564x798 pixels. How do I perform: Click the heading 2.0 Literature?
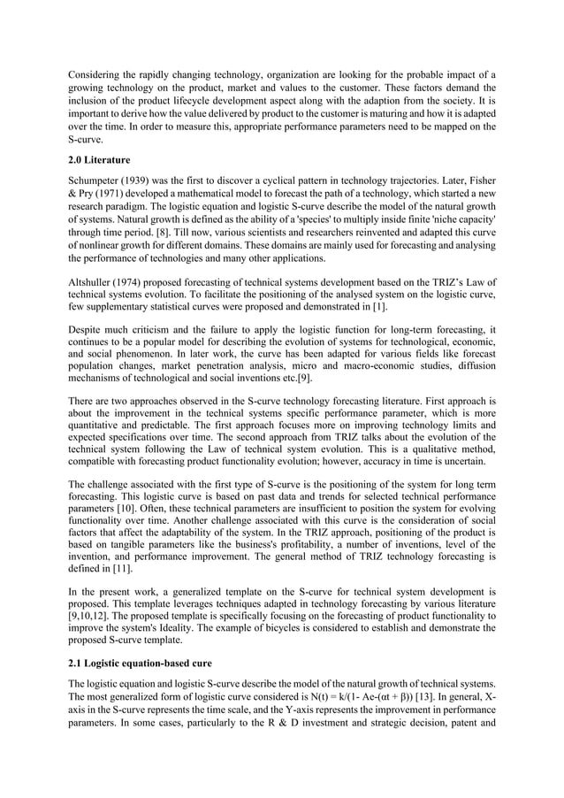pyautogui.click(x=101, y=159)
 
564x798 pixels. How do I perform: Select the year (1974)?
pyautogui.click(x=140, y=289)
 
